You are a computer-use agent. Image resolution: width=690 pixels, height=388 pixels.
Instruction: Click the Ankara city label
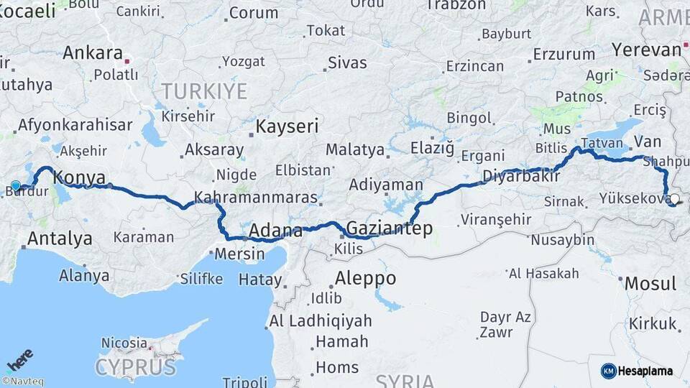click(x=93, y=53)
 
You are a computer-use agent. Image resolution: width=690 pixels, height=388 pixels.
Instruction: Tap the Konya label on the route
click(x=80, y=177)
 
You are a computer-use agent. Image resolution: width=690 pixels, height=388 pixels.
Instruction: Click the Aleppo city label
click(x=365, y=278)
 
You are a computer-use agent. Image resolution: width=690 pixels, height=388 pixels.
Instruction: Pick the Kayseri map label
click(x=287, y=127)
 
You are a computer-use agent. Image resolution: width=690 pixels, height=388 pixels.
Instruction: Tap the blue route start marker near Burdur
click(x=16, y=185)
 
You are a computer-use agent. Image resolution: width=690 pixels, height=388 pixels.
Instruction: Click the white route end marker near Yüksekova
click(x=674, y=199)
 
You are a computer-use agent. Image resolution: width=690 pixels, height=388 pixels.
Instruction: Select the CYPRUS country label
click(x=135, y=367)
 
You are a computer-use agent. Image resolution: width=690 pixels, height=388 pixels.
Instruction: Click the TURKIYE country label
click(x=204, y=91)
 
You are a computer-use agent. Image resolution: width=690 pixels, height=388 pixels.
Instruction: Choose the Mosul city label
click(x=650, y=283)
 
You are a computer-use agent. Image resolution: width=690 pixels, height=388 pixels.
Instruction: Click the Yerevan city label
click(x=645, y=50)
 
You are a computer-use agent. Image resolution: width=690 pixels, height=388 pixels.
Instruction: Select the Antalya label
click(x=60, y=239)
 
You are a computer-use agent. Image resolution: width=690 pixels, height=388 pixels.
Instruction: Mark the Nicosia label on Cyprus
click(x=124, y=343)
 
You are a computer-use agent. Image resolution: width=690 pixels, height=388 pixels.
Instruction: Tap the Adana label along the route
click(x=275, y=231)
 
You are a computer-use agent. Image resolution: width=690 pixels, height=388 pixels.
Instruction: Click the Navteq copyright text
click(x=22, y=382)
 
